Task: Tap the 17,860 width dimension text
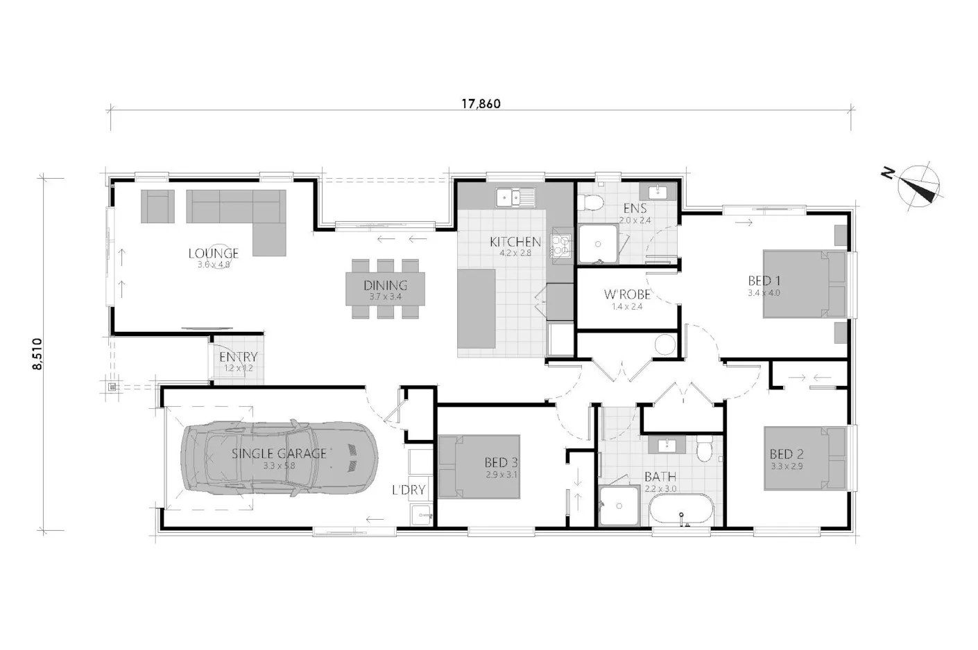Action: coord(481,104)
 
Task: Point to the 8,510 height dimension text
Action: coord(37,354)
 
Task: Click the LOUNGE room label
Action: coord(213,254)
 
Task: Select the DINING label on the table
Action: coord(385,285)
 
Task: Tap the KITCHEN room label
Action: coord(515,242)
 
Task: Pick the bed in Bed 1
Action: coord(805,283)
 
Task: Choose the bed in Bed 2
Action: coord(805,458)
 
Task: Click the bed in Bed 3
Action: coord(479,466)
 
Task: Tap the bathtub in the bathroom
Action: coord(681,513)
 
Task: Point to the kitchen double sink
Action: coord(514,197)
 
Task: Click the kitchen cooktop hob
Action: coord(560,246)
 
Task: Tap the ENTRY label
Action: coord(238,358)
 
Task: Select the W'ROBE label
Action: coord(626,295)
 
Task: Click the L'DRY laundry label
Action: coord(409,490)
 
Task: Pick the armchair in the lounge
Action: coord(158,207)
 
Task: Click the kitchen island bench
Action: coord(476,309)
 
